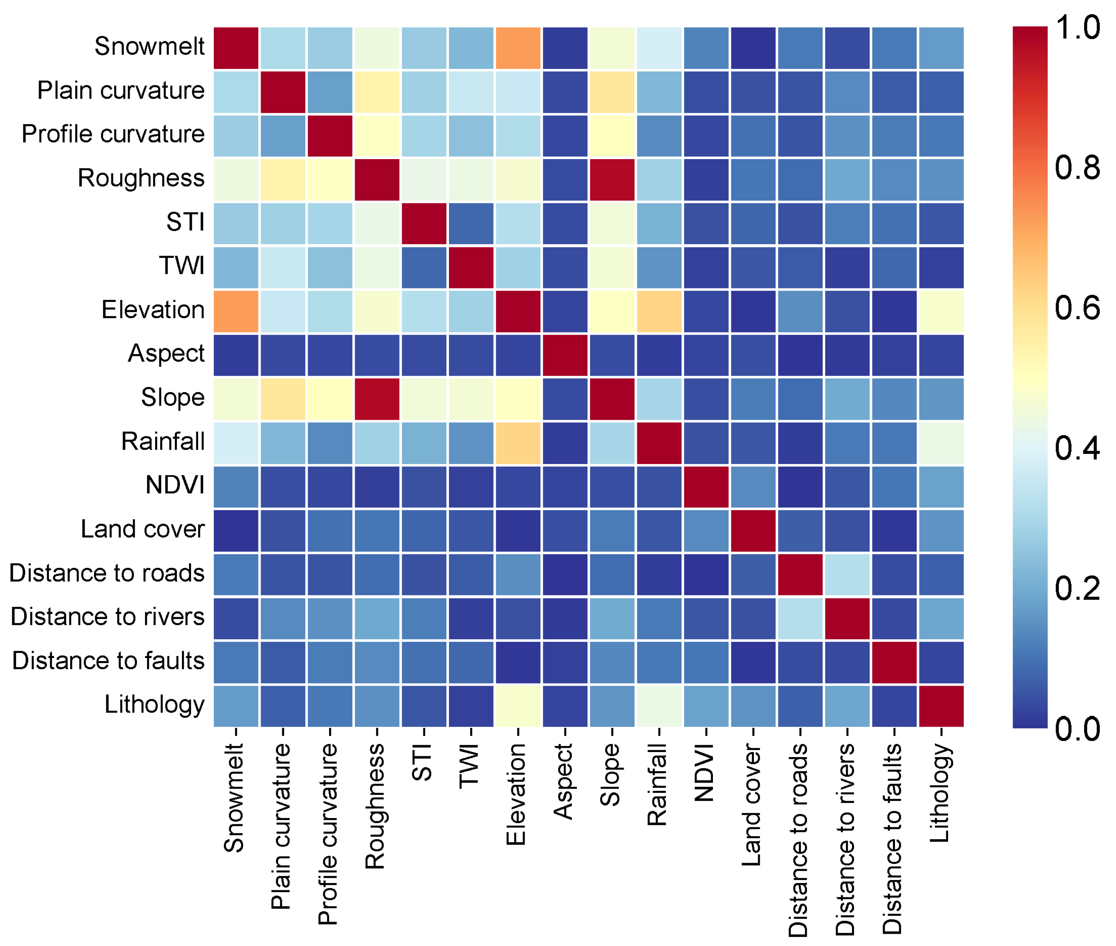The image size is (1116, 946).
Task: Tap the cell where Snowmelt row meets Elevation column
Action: point(518,48)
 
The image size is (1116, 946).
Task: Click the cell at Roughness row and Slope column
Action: point(612,180)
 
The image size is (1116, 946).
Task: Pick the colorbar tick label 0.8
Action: point(1077,168)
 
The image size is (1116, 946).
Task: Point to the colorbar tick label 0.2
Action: point(1077,588)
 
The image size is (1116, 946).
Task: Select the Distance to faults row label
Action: point(108,661)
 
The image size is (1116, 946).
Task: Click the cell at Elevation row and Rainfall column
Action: point(659,312)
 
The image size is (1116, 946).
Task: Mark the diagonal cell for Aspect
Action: point(565,355)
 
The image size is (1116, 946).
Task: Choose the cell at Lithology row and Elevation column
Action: point(518,706)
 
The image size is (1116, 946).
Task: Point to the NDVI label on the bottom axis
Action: point(705,772)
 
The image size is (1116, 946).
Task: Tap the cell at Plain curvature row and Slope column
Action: point(612,92)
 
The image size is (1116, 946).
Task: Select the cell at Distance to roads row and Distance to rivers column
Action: point(847,574)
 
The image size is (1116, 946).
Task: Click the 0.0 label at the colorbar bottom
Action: point(1077,729)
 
